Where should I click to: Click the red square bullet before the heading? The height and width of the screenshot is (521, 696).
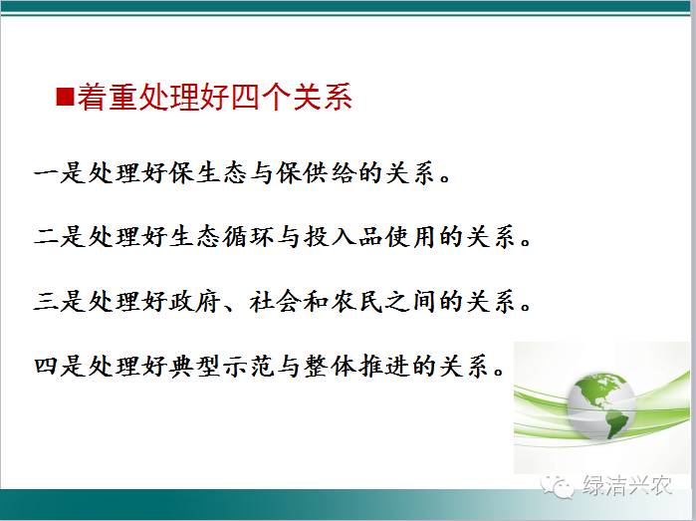tap(65, 97)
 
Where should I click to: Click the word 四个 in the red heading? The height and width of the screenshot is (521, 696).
tap(260, 97)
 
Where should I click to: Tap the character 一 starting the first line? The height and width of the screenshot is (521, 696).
tap(46, 172)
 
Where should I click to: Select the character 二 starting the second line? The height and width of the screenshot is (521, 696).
tap(46, 236)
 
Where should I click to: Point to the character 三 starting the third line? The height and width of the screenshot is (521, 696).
tap(46, 301)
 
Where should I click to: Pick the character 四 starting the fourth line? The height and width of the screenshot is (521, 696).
tap(46, 366)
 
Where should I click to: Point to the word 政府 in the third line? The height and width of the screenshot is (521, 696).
tap(194, 301)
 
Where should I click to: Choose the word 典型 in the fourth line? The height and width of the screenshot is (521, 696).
tap(194, 366)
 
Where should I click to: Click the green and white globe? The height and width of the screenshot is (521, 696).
tap(601, 406)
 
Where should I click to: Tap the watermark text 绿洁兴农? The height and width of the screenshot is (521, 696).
tap(626, 484)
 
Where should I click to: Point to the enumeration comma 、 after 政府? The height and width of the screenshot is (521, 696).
tap(232, 308)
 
